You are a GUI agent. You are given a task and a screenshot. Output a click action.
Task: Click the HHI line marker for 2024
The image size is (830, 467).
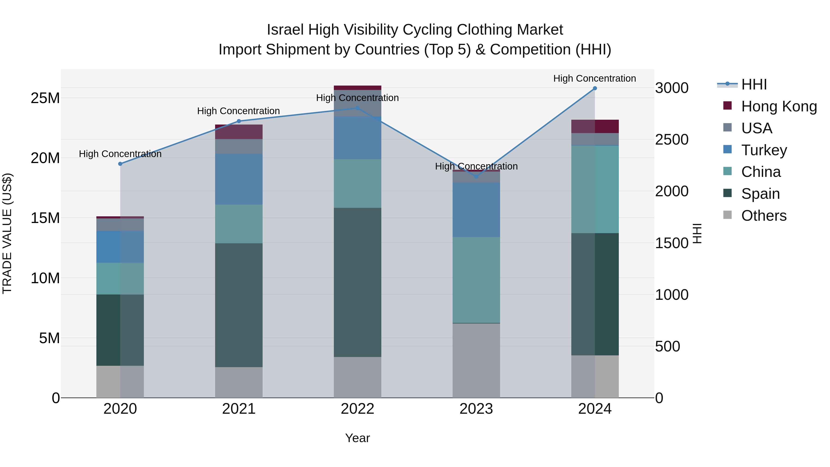[x=595, y=88]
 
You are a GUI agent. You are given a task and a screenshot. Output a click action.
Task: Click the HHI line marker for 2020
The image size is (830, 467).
[x=120, y=164]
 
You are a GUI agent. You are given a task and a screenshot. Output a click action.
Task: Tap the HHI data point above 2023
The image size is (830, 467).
[x=476, y=177]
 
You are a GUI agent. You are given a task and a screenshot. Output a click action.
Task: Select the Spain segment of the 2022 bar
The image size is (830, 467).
[x=357, y=282]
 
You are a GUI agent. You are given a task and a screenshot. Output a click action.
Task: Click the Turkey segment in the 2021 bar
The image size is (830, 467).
[x=239, y=179]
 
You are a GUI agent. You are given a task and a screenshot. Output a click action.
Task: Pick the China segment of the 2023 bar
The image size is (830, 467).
[x=476, y=280]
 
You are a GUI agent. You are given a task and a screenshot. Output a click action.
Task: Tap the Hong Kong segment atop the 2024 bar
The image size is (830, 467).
[x=595, y=126]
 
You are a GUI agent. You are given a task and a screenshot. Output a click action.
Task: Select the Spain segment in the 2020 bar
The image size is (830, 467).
[x=120, y=330]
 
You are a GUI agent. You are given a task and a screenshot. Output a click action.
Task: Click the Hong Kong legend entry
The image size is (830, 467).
[x=779, y=106]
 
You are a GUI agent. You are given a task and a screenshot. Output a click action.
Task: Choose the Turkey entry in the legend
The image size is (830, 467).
[x=764, y=150]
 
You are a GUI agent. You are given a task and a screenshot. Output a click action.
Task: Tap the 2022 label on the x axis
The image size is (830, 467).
[x=357, y=409]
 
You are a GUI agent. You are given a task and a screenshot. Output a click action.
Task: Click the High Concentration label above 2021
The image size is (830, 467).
[x=238, y=111]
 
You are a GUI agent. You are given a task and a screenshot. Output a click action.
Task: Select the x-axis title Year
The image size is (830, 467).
[x=357, y=438]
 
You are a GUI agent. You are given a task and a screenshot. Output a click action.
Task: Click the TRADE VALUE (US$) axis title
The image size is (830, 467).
[x=7, y=233]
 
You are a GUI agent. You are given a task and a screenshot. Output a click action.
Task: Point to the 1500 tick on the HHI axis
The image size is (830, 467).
[x=672, y=243]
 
